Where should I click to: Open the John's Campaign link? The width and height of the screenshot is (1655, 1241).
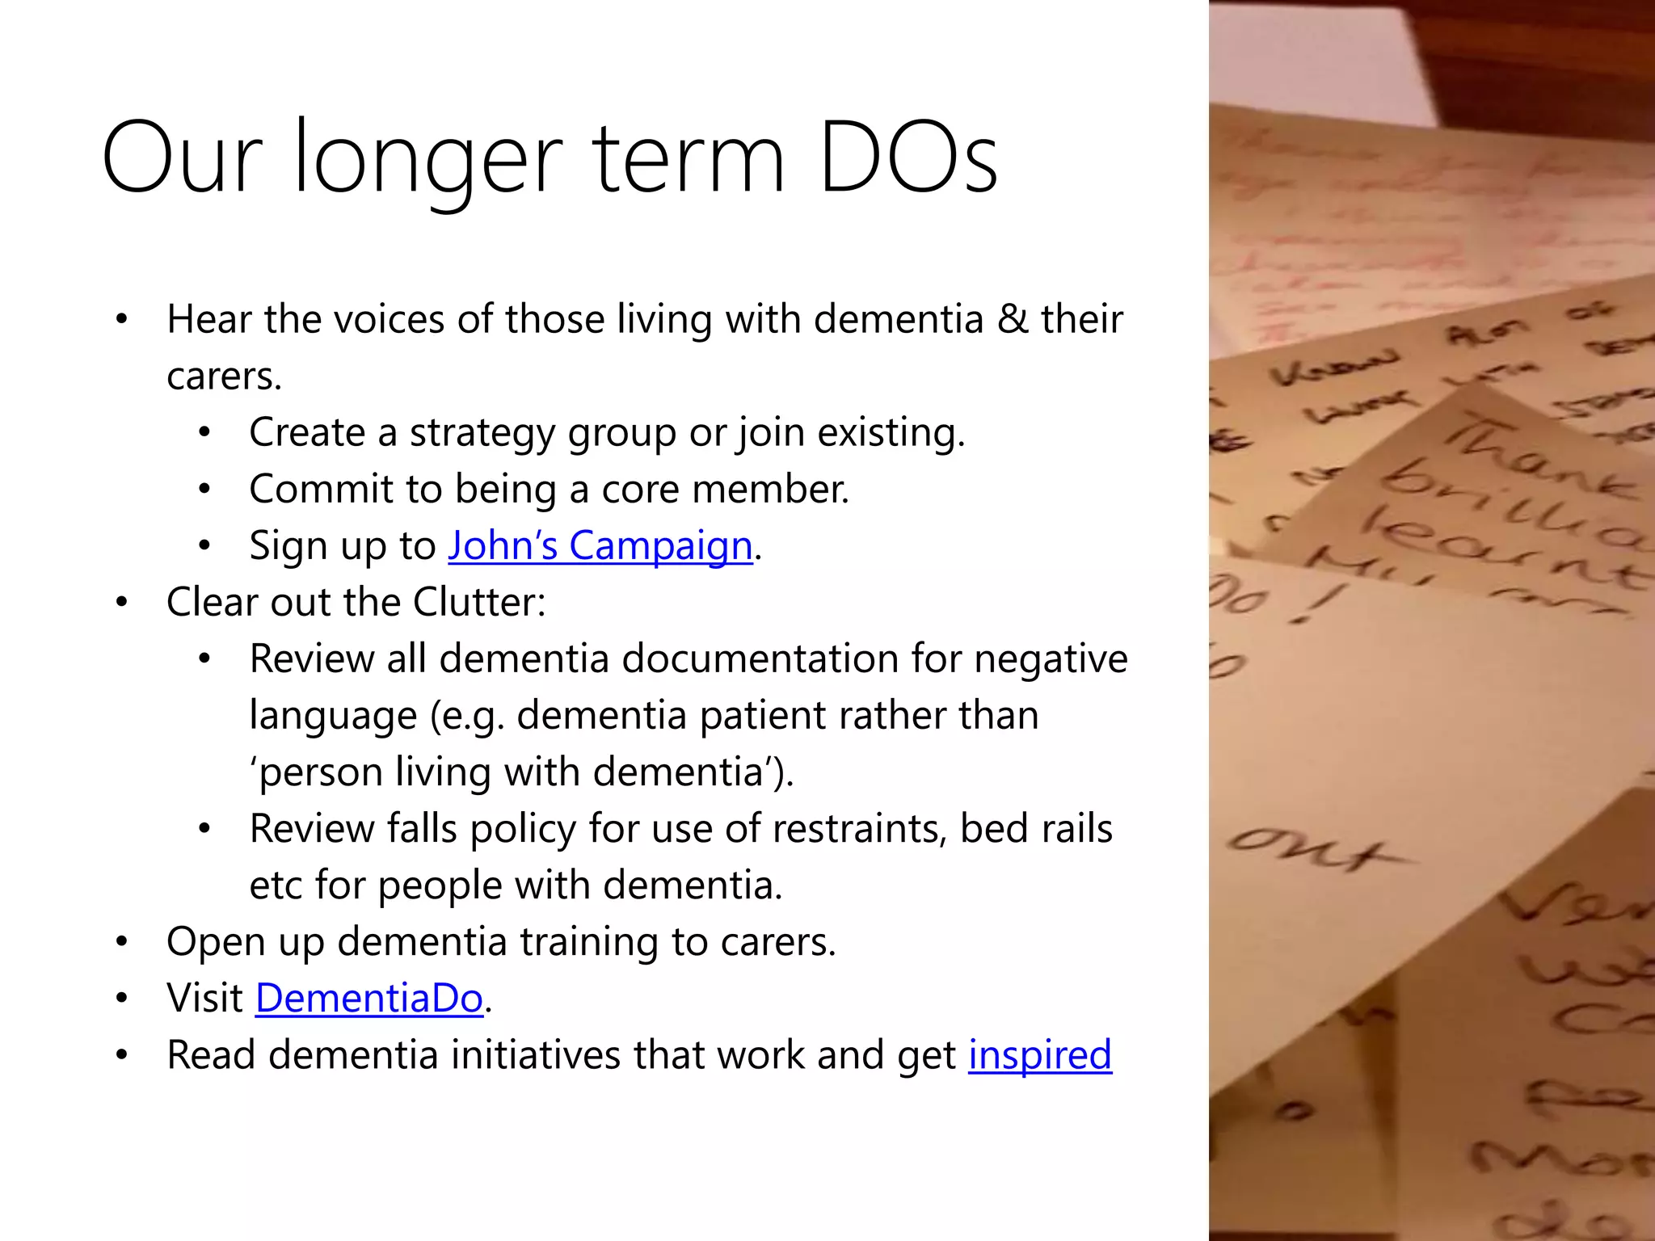(600, 545)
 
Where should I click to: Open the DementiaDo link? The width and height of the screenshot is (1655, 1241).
(369, 998)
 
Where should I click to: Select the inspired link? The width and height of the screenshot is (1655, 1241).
(1040, 1054)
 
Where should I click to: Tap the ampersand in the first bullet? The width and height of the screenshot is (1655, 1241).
(1012, 319)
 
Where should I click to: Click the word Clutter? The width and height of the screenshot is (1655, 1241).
(479, 602)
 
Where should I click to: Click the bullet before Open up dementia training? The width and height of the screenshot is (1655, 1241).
(122, 942)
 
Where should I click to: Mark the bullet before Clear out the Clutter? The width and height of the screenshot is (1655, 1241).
(122, 603)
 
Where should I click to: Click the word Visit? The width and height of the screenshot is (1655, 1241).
(204, 998)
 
